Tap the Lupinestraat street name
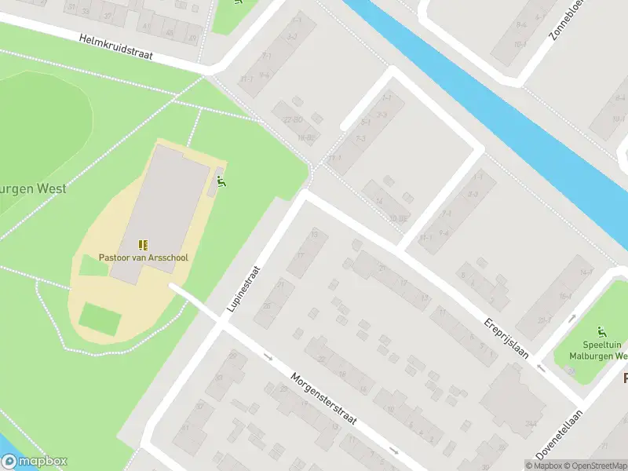pos(243,288)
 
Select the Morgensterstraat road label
pos(323,400)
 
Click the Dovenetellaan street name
pos(560,434)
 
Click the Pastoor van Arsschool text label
pos(143,257)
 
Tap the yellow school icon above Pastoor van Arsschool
pos(143,245)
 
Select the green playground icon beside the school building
pos(222,182)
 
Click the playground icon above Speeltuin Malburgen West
pos(602,332)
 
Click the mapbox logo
pos(35,462)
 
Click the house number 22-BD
pos(293,119)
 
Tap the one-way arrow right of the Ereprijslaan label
pos(540,367)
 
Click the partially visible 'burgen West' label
pos(33,188)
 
